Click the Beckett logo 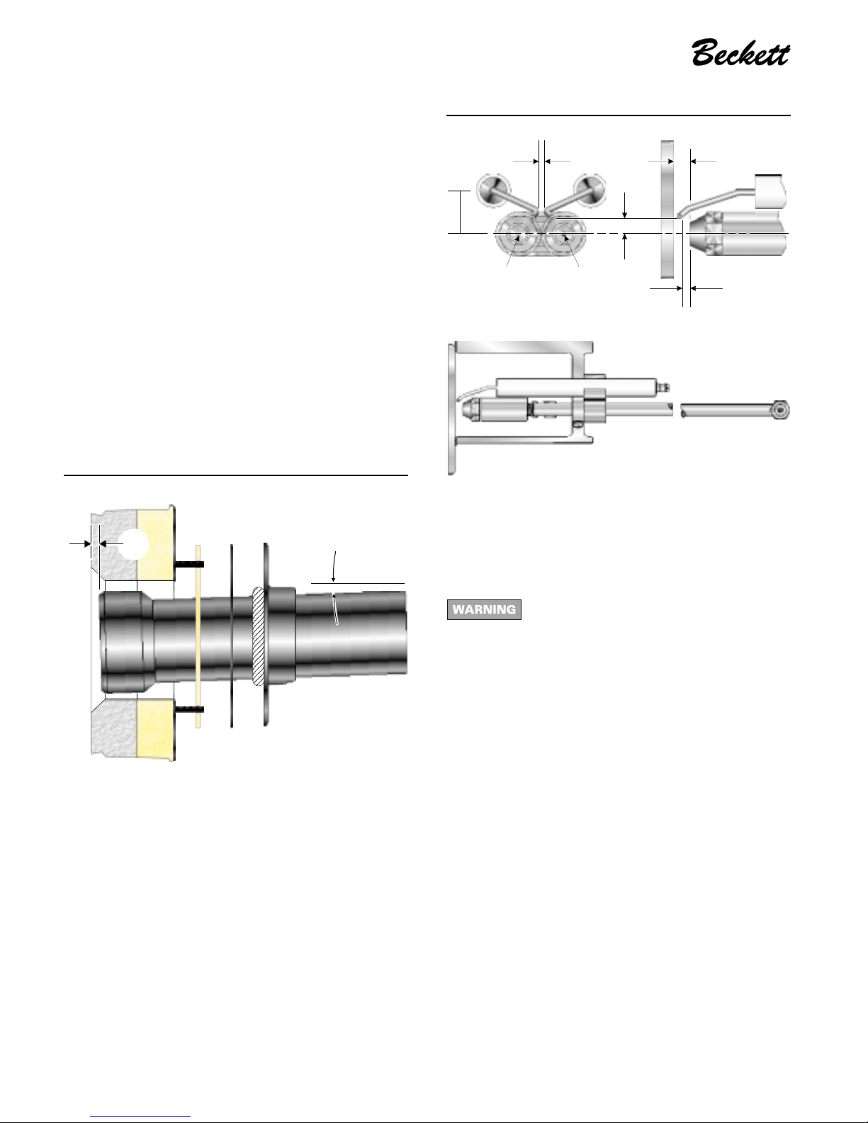pos(740,52)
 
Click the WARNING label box pos(484,609)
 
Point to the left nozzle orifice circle pos(517,235)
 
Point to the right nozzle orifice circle pos(564,235)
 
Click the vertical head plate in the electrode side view pos(667,209)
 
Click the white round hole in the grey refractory pos(134,543)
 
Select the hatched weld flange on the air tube pos(259,636)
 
